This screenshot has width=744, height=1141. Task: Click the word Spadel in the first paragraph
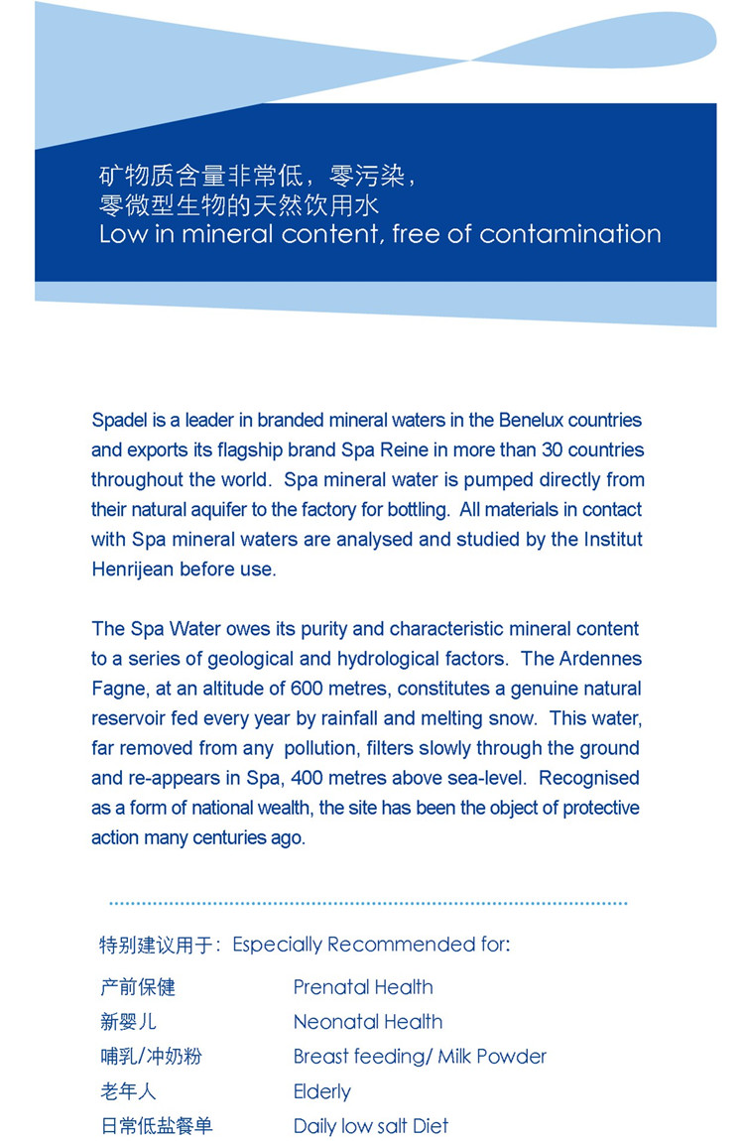(x=121, y=421)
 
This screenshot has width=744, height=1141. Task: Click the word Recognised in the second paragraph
(x=589, y=778)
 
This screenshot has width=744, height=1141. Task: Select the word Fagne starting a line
(x=116, y=689)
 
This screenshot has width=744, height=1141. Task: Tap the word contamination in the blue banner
(x=570, y=234)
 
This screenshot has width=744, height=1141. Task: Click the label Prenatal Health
(x=363, y=987)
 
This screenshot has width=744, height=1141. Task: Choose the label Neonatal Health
(x=368, y=1022)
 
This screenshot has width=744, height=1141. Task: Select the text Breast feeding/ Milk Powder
(x=420, y=1057)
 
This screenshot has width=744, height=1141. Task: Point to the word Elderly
(x=322, y=1091)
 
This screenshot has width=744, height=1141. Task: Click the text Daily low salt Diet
(x=371, y=1126)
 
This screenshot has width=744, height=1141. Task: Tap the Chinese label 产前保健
(x=138, y=987)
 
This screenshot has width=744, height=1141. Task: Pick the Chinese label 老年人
(x=128, y=1091)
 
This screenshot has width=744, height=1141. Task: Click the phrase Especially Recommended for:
(x=371, y=944)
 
